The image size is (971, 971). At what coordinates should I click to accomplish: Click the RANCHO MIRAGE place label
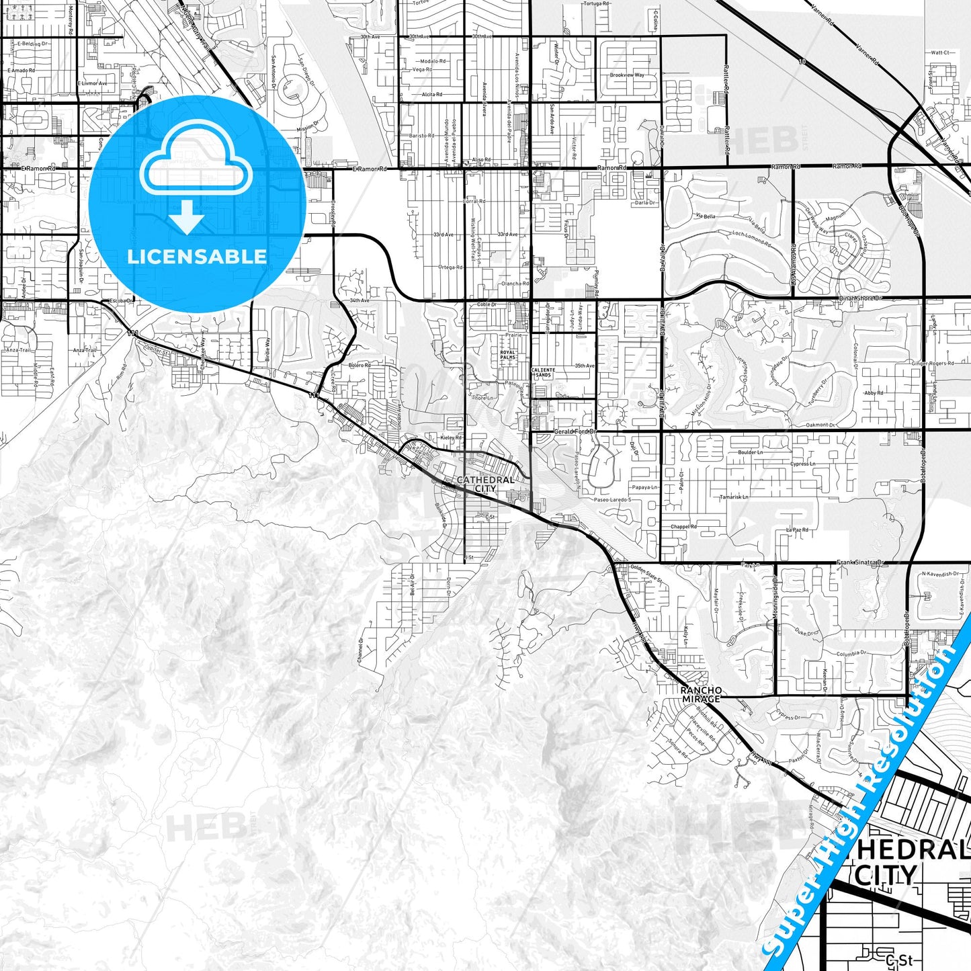click(701, 694)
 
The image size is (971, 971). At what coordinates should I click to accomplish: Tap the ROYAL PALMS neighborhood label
click(508, 355)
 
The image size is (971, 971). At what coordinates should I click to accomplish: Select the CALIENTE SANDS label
click(543, 372)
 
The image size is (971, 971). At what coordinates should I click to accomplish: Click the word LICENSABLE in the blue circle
click(197, 256)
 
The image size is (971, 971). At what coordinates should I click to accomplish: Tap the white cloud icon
click(196, 164)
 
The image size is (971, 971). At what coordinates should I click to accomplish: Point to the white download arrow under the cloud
click(187, 216)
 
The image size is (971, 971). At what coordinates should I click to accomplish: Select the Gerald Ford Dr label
click(575, 431)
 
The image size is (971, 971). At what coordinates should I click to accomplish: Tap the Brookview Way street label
click(626, 75)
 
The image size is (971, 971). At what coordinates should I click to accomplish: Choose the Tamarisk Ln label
click(734, 497)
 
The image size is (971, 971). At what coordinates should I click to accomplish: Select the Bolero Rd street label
click(360, 366)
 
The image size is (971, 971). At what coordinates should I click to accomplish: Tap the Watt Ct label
click(940, 52)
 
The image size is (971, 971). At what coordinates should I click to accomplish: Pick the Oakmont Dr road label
click(820, 425)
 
